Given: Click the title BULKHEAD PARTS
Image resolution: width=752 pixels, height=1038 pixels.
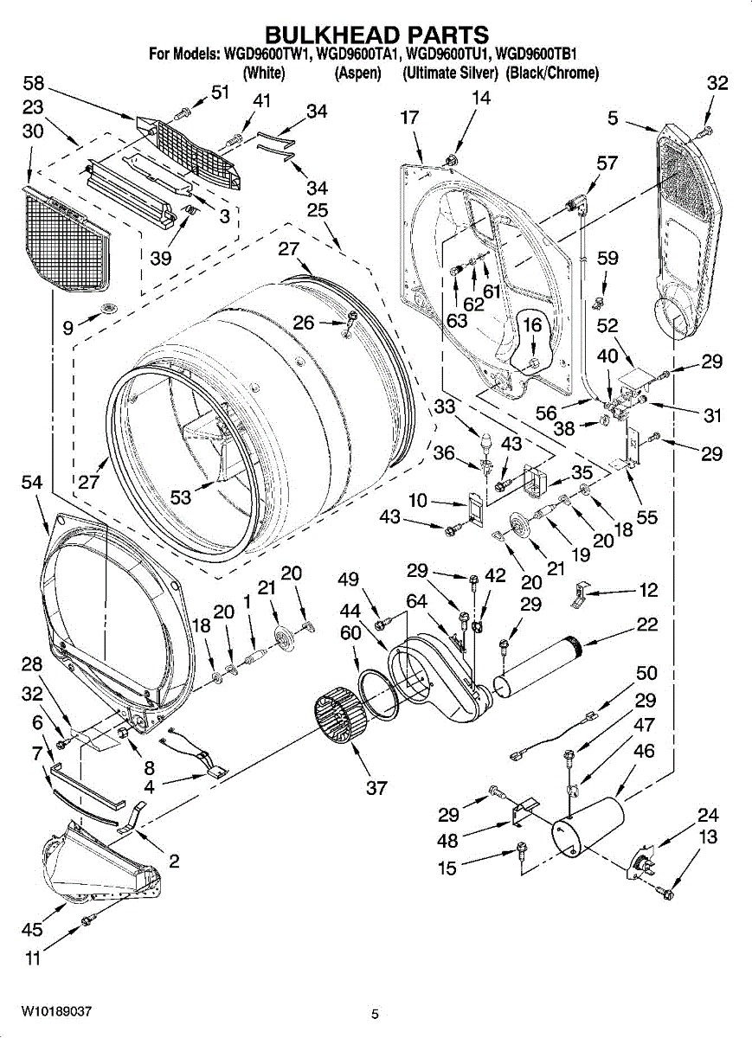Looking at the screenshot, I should tap(376, 35).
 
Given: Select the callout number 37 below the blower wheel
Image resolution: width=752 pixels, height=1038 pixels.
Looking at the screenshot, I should tap(376, 787).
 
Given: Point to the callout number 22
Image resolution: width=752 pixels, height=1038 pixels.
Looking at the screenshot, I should tap(646, 625).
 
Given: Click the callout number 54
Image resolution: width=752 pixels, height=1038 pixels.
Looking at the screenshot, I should tap(34, 486).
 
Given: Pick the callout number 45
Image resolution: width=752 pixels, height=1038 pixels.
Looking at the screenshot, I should tap(32, 930).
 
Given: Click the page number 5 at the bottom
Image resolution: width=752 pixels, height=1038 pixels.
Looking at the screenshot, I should tap(375, 1015).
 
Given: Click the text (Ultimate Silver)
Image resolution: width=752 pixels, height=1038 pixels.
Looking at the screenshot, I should tap(450, 74).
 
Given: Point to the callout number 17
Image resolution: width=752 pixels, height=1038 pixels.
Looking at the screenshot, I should tap(409, 119).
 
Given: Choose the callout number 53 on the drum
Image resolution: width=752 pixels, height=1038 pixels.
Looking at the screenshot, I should tap(181, 497).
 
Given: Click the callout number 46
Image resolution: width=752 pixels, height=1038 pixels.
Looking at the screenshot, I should tap(644, 751).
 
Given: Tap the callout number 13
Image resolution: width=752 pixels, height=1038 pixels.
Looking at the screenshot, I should tap(708, 836).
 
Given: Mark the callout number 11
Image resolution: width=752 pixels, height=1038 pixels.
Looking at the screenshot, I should tap(33, 957).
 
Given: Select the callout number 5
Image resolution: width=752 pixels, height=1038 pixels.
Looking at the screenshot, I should tap(613, 119).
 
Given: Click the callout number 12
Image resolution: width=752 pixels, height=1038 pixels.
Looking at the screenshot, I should tap(648, 590).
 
